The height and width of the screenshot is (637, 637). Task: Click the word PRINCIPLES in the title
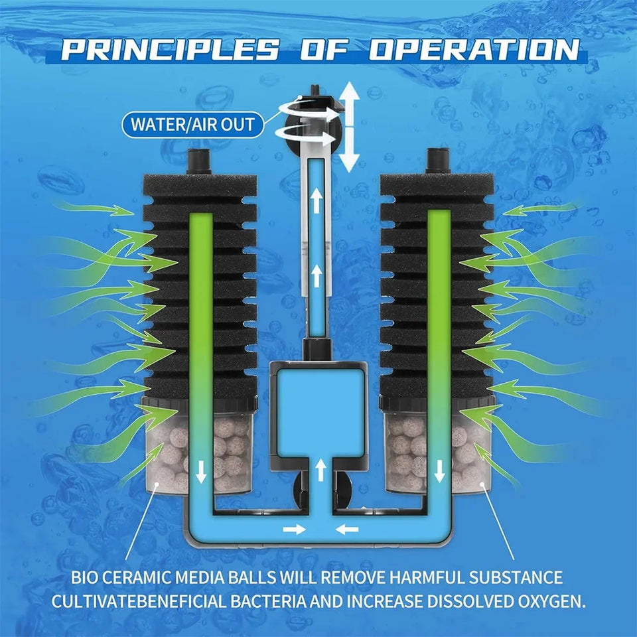(169, 50)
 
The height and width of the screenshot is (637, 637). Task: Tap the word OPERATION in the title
(474, 50)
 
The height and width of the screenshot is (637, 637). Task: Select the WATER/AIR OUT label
(192, 124)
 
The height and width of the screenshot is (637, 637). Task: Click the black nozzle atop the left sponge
(198, 161)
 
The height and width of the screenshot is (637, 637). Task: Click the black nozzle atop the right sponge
(438, 161)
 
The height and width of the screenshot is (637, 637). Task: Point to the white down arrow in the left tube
(200, 471)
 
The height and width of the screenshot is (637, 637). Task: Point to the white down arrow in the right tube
(439, 470)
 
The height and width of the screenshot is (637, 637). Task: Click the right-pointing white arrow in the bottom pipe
(295, 529)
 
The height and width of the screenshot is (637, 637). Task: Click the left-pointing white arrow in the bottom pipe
(347, 529)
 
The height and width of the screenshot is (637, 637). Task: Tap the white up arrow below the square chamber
(321, 470)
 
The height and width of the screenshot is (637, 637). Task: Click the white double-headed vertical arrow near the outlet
(350, 127)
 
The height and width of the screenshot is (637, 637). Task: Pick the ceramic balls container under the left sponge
(199, 447)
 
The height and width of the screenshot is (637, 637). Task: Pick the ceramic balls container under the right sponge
(438, 446)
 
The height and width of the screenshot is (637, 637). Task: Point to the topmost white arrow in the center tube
(316, 201)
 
